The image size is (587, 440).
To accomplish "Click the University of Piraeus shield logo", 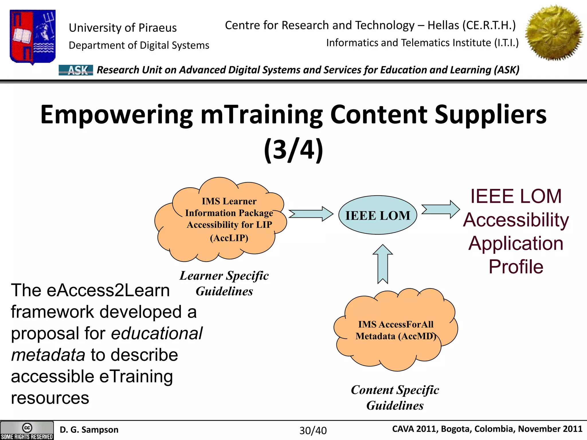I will point(32,37).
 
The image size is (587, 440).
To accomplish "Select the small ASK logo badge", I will point(76,70).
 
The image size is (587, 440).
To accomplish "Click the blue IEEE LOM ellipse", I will point(377,215).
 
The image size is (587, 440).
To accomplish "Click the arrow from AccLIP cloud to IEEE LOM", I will point(311,214).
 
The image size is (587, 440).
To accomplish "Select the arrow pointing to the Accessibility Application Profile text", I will point(441,209).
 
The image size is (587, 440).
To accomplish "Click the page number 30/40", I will point(313,431).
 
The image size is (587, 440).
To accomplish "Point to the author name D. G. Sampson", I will point(89,430).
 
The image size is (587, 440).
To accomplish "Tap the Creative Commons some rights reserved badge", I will point(27,431).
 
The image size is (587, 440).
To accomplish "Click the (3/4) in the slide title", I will point(293,150).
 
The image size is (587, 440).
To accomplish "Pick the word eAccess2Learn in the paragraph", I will point(108,290).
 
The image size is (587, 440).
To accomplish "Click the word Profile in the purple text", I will point(516,267).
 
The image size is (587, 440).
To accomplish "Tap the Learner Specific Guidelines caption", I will point(224,283).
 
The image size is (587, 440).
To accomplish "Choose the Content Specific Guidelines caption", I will point(395,398).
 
